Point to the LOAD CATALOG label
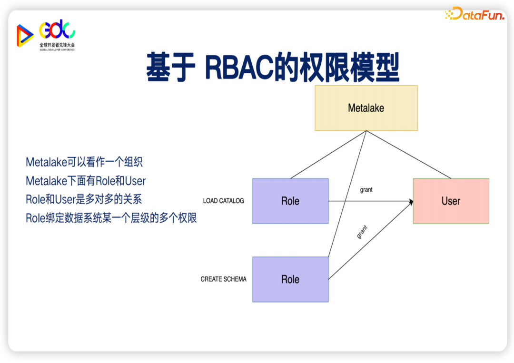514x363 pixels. (223, 201)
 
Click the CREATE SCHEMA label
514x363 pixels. (223, 279)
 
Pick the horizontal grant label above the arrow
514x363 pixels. (366, 190)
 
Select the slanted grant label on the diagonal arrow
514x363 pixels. (362, 232)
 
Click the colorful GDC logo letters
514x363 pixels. (57, 29)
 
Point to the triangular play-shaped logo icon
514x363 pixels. (24, 36)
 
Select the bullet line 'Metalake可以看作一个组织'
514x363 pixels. (84, 162)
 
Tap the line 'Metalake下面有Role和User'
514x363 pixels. (86, 181)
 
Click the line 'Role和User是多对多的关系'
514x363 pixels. (84, 199)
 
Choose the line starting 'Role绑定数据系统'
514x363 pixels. (111, 218)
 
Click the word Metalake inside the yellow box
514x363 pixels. (366, 108)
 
